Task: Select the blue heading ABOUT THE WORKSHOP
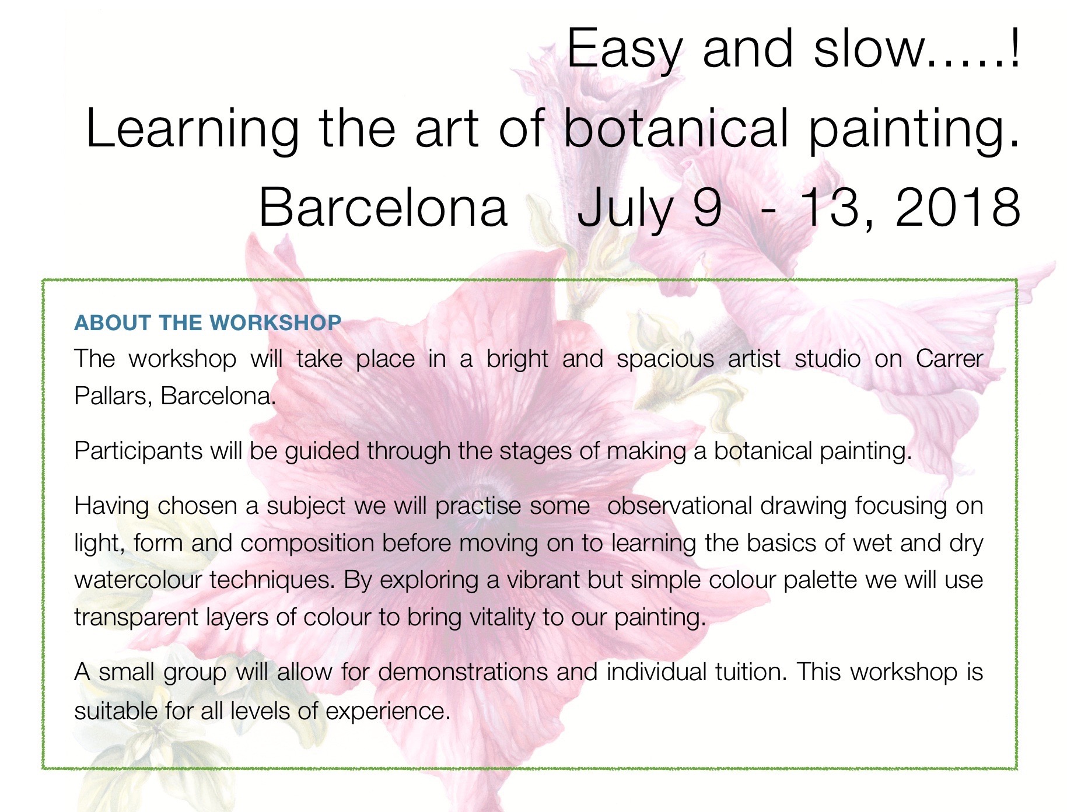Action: click(208, 323)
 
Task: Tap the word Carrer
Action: click(949, 359)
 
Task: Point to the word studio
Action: click(827, 359)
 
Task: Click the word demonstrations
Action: click(463, 672)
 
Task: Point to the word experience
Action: click(388, 712)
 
